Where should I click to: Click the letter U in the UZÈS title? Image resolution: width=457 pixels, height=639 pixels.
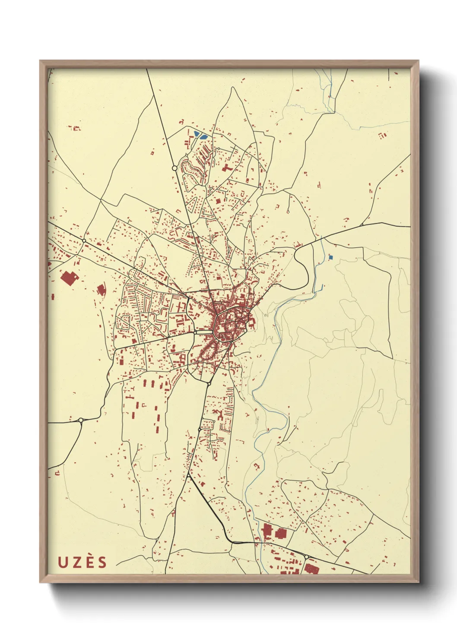click(63, 562)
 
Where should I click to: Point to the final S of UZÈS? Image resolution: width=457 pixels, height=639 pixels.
click(102, 562)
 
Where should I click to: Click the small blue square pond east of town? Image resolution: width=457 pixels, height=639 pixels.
click(331, 257)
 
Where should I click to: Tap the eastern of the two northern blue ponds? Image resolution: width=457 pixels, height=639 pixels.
click(203, 137)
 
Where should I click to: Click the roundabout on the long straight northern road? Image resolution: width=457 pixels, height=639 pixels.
click(175, 168)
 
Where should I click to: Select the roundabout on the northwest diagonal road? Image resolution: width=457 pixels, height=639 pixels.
click(84, 240)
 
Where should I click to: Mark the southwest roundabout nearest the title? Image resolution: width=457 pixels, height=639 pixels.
click(81, 420)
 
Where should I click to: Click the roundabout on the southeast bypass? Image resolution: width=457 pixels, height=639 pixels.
click(306, 557)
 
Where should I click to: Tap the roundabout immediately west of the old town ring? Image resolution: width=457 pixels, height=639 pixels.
click(195, 332)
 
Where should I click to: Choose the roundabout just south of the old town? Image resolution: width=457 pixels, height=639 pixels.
click(209, 383)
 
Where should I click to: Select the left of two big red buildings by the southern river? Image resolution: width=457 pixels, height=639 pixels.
click(267, 531)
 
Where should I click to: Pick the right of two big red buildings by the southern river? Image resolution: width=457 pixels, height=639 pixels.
click(281, 533)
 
